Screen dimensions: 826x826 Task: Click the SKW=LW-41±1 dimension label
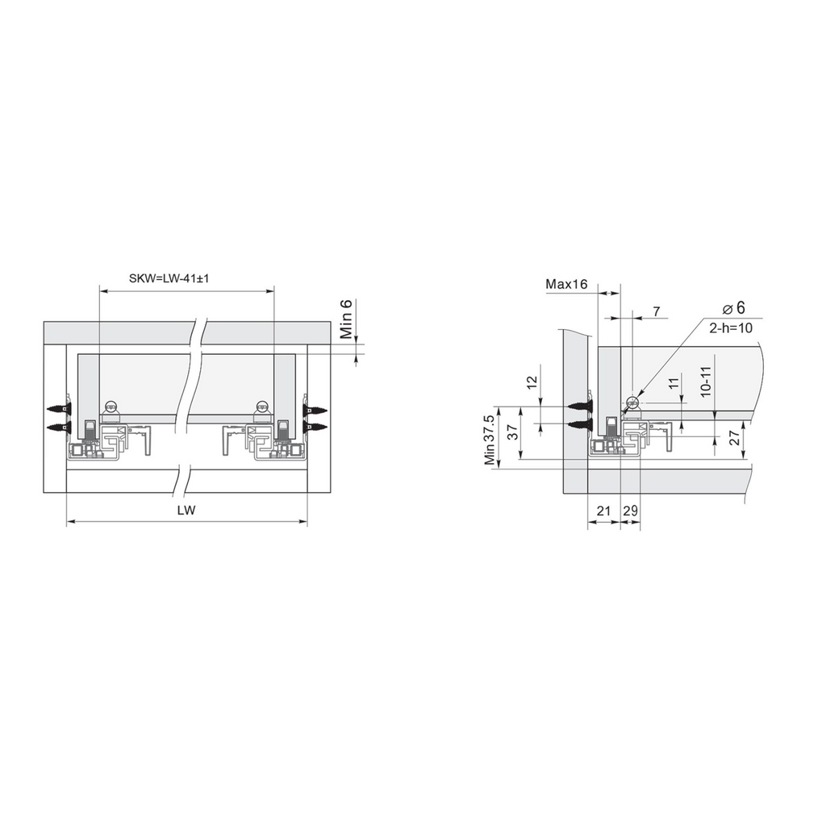[x=169, y=278]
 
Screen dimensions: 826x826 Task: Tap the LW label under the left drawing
[x=186, y=510]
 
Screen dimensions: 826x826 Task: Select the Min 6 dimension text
[x=345, y=319]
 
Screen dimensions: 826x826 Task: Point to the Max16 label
[x=566, y=285]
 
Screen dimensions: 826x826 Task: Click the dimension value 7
[x=657, y=312]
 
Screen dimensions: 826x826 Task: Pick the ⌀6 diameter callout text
[x=734, y=307]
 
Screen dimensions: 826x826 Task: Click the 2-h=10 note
[x=731, y=328]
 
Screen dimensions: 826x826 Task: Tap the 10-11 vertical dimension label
[x=707, y=382]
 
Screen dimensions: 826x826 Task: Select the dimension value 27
[x=735, y=437]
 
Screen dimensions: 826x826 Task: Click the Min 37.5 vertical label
[x=490, y=440]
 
